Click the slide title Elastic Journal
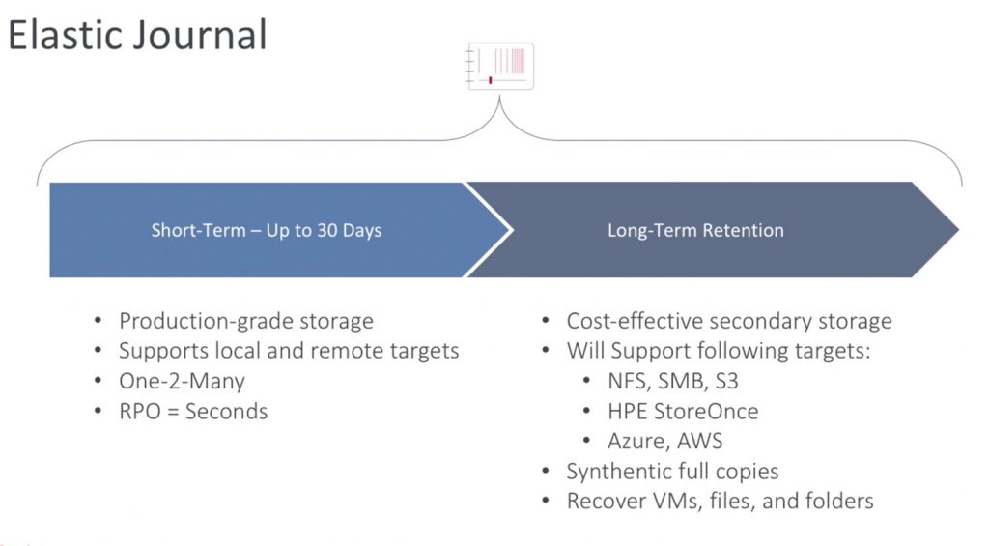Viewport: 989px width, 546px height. (x=137, y=35)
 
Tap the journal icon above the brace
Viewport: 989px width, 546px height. (x=499, y=67)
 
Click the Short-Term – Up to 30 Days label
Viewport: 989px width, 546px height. (x=267, y=231)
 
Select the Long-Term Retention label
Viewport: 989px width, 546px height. (x=695, y=231)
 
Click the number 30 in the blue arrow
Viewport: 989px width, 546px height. (x=329, y=231)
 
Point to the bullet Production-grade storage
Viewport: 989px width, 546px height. (x=245, y=321)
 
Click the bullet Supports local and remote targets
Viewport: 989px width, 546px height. (x=289, y=351)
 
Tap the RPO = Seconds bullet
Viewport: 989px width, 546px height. (x=193, y=411)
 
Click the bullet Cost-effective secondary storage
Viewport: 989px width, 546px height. (x=728, y=321)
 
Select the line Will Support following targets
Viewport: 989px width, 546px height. (x=719, y=351)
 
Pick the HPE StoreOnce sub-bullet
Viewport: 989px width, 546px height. (x=683, y=411)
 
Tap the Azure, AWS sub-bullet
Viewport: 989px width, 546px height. (x=665, y=441)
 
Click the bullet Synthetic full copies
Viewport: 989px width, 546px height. (x=672, y=472)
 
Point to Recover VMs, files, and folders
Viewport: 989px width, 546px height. (x=720, y=502)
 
